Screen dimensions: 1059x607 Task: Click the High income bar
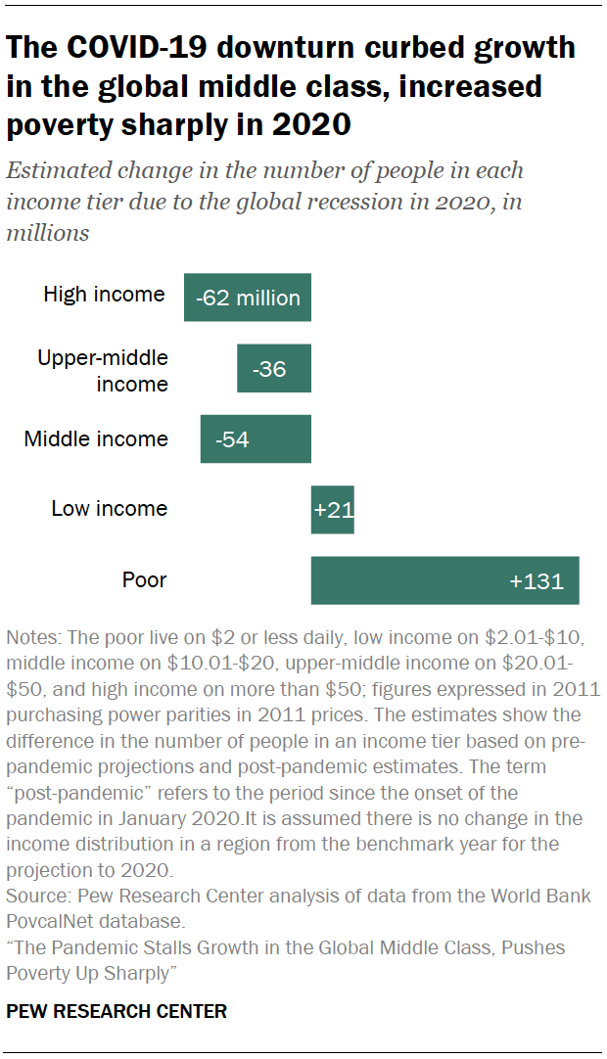(x=247, y=298)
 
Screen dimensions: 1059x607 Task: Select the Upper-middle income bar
(x=273, y=369)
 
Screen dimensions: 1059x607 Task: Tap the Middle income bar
(x=256, y=439)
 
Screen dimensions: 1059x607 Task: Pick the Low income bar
(x=332, y=510)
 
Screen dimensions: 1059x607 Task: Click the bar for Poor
(x=444, y=580)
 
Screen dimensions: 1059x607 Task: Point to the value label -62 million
(x=248, y=299)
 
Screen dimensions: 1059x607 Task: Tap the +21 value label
(x=333, y=510)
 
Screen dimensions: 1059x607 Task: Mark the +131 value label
(x=537, y=581)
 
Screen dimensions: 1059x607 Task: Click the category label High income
(x=104, y=295)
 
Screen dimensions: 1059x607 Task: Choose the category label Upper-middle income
(x=103, y=371)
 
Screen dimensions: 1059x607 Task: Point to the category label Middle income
(x=96, y=439)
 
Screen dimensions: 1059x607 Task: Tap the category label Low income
(x=110, y=509)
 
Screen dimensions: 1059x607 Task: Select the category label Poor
(x=144, y=580)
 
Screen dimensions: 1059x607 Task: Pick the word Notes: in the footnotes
(x=32, y=637)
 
